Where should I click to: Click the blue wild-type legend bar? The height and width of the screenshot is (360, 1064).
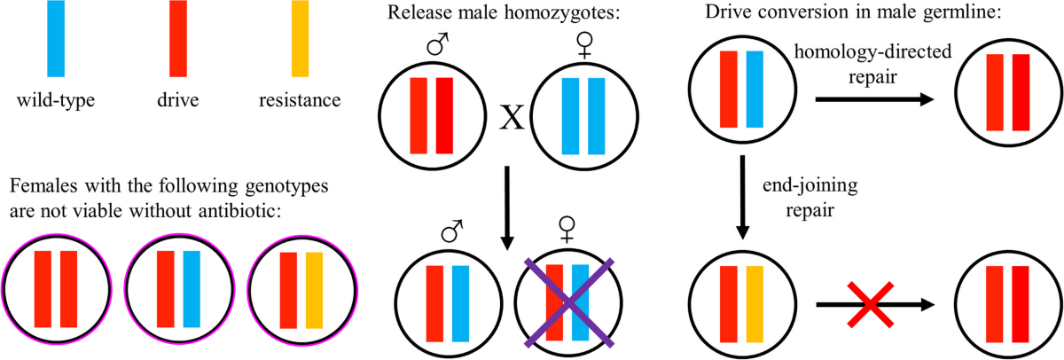click(x=55, y=38)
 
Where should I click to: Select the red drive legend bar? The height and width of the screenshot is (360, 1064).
click(x=176, y=38)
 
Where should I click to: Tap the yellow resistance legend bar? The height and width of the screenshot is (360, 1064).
click(x=300, y=38)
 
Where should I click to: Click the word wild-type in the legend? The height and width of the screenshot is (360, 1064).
click(x=55, y=100)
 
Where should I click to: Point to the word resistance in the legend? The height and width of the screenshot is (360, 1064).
click(x=300, y=100)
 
